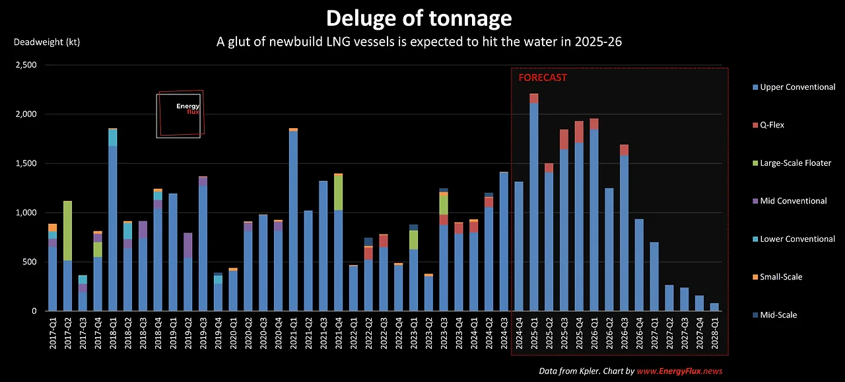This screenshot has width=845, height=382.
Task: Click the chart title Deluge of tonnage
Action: pyautogui.click(x=419, y=17)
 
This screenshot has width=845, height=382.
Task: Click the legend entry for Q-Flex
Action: pyautogui.click(x=772, y=125)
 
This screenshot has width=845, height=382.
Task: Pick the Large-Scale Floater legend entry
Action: pyautogui.click(x=795, y=163)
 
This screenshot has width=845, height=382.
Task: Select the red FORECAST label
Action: pyautogui.click(x=542, y=77)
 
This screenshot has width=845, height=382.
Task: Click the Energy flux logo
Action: pyautogui.click(x=180, y=114)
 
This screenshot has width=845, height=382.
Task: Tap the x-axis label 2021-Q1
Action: pyautogui.click(x=293, y=336)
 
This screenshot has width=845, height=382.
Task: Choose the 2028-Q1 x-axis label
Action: pyautogui.click(x=714, y=336)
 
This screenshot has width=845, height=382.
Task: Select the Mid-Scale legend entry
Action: pyautogui.click(x=778, y=315)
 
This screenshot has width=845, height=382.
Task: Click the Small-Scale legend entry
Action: pyautogui.click(x=781, y=277)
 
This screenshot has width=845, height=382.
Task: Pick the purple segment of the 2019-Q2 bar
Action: pyautogui.click(x=188, y=245)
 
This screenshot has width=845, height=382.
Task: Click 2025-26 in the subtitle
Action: pyautogui.click(x=597, y=42)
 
